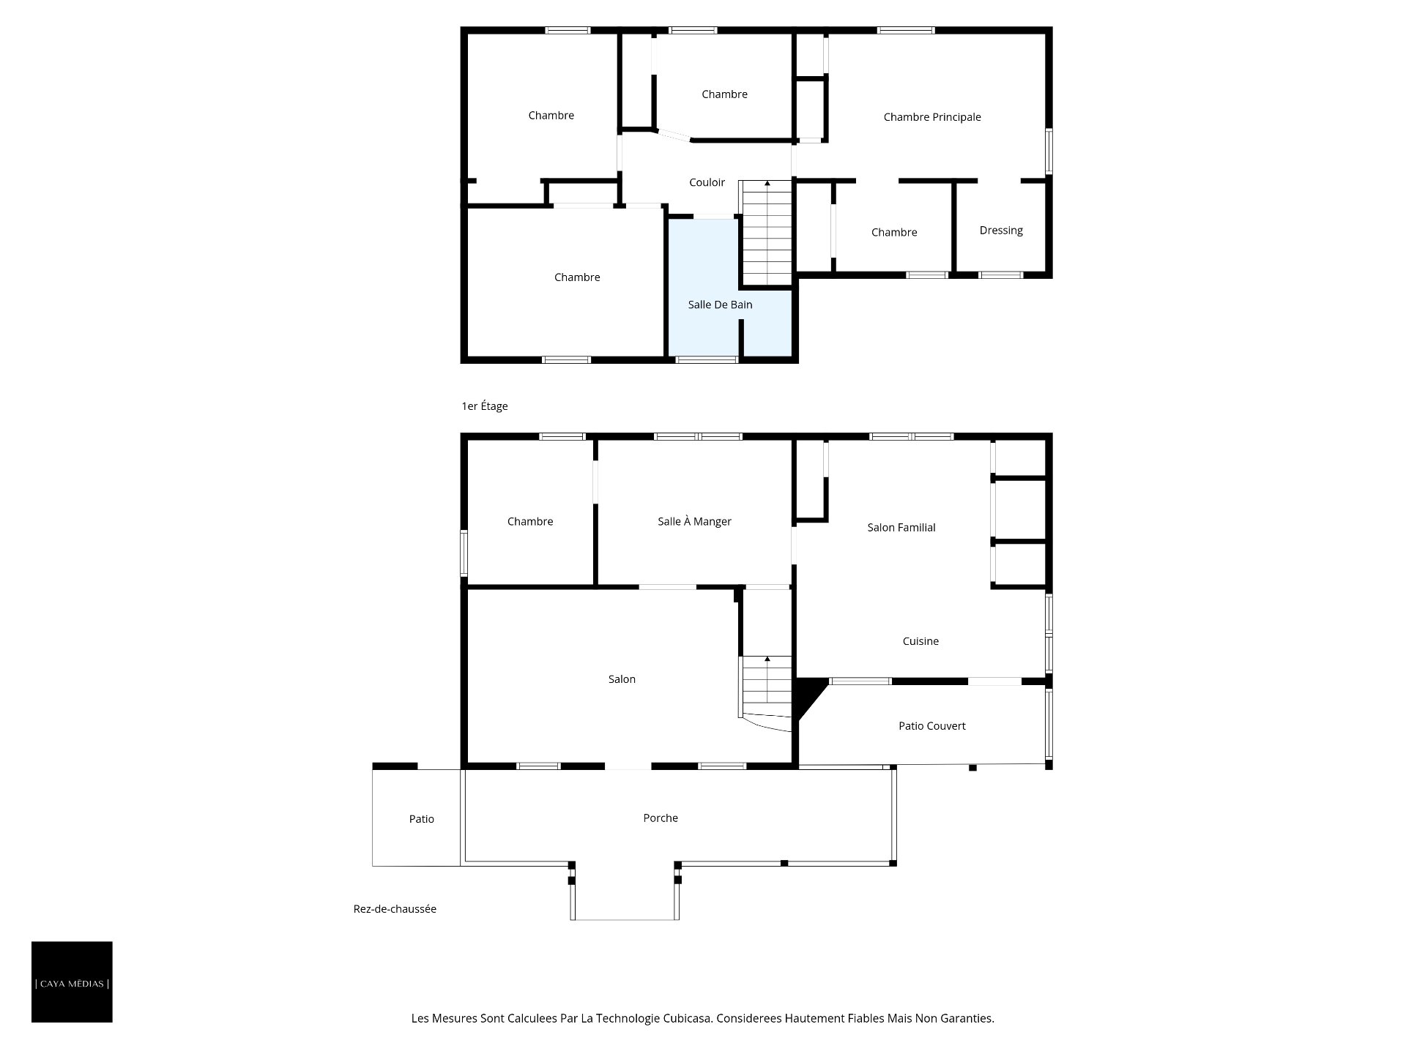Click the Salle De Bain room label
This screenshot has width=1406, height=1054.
tap(720, 304)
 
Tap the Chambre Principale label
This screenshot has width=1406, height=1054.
tap(932, 117)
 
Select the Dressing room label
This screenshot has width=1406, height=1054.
tap(1001, 231)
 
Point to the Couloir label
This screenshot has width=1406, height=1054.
tap(707, 182)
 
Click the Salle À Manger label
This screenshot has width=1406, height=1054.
tap(694, 521)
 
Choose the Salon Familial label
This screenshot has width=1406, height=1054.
tap(901, 527)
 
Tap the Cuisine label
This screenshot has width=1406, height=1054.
tap(920, 641)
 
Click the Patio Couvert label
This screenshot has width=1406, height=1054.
tap(931, 726)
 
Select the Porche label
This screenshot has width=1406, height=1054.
tap(661, 818)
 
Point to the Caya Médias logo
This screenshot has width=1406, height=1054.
tap(72, 982)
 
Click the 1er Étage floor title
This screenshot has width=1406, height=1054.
tap(484, 406)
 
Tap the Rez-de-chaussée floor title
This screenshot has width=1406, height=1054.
tap(395, 909)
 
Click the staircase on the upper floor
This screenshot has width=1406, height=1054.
tap(767, 233)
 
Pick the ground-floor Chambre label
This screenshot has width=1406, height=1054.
tap(529, 521)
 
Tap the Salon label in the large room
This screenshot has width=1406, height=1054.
tap(622, 679)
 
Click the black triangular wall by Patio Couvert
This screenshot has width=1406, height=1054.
tap(808, 695)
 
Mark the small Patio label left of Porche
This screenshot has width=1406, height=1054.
tap(421, 819)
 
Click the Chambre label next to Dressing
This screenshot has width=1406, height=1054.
tap(894, 233)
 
